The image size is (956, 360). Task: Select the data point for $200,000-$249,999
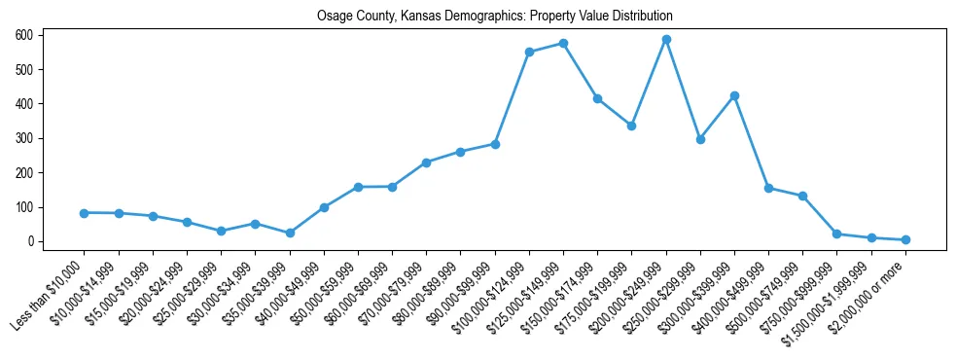tap(666, 39)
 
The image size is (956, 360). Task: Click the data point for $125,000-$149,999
tap(563, 44)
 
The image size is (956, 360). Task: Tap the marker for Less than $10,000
tap(85, 213)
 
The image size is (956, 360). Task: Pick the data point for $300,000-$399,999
tap(734, 95)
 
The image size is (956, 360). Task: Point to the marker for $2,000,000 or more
tap(905, 239)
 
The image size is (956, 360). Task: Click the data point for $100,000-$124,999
tap(529, 52)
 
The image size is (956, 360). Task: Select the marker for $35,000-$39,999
tap(290, 234)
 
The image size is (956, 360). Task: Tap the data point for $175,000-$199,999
tap(631, 126)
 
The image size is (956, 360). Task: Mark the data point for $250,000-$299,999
tap(700, 139)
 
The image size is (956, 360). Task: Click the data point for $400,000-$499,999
tap(768, 188)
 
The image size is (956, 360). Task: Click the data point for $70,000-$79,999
tap(426, 162)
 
